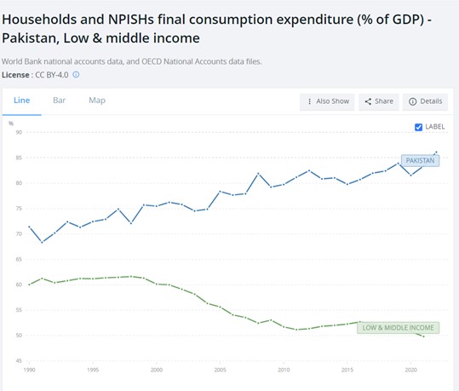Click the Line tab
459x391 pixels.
click(x=22, y=101)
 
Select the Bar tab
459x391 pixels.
click(x=60, y=101)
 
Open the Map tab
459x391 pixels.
click(x=97, y=101)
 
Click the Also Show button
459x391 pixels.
click(x=327, y=101)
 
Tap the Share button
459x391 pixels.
click(x=379, y=101)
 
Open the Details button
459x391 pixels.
click(x=425, y=101)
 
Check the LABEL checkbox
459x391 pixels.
click(x=417, y=127)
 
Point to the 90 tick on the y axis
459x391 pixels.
click(x=19, y=132)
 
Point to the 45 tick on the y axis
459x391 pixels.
click(x=19, y=360)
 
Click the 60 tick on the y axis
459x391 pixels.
click(x=19, y=285)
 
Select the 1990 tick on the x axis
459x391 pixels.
click(x=30, y=371)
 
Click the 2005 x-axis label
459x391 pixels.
click(x=220, y=371)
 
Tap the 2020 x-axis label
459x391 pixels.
click(x=410, y=371)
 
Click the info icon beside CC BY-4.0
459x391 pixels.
click(x=76, y=75)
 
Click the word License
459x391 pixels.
click(x=16, y=75)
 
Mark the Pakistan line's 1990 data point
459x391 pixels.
click(x=30, y=227)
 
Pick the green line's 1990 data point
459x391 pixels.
click(x=30, y=284)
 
